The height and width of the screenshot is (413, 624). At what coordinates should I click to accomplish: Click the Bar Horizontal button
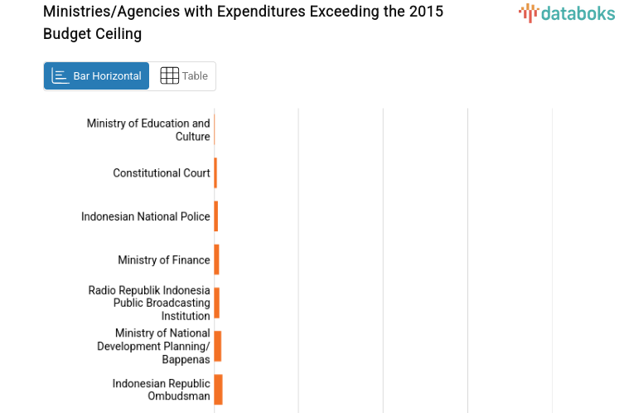96,76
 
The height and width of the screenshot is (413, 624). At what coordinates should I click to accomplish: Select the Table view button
183,76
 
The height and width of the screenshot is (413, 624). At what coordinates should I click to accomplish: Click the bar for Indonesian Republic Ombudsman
218,390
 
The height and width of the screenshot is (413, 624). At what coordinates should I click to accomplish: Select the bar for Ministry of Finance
216,260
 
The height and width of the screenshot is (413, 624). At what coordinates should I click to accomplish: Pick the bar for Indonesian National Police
215,216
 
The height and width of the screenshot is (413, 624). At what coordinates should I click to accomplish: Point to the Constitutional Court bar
215,173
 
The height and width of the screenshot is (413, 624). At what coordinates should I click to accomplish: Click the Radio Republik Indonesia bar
216,303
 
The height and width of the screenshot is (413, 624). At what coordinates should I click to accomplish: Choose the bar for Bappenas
217,346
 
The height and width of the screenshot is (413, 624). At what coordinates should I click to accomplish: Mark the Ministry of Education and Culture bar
215,130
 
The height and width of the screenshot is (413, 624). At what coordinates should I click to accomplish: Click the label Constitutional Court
162,173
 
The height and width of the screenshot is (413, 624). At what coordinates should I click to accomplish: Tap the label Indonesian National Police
146,216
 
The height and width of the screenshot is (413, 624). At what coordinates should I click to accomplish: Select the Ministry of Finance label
164,260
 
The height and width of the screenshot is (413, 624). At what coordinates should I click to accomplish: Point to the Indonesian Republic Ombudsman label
162,390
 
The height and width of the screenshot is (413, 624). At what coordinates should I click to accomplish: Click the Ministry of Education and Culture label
149,130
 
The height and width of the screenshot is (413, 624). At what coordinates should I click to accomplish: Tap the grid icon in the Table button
169,76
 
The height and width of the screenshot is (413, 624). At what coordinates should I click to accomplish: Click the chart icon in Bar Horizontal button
60,76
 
